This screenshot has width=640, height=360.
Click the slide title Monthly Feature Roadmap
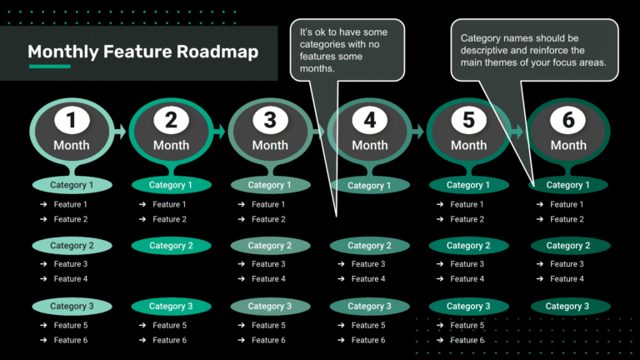pos(142,52)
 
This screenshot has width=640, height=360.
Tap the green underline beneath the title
pos(49,67)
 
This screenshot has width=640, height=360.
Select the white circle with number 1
pos(71,121)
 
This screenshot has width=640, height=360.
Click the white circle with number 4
pos(369,121)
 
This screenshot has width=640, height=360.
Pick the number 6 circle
pos(568,121)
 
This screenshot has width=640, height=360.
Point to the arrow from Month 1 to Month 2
pos(120,131)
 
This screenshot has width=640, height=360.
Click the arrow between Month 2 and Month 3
pos(219,131)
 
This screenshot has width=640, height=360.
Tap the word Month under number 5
pos(468,145)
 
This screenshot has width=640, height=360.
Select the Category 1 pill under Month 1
pos(72,185)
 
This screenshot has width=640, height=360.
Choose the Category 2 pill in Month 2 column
pos(171,246)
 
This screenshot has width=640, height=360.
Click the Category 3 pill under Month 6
pos(567,307)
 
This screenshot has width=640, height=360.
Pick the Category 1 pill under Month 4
pos(369,186)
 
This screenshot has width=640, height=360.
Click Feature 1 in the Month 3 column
pos(269,204)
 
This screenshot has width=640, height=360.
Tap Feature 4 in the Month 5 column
pos(467,279)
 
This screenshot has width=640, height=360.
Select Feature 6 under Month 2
pos(170,340)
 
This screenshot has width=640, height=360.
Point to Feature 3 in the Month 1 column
pos(71,264)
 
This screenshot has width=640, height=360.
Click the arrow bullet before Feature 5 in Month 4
pos(342,326)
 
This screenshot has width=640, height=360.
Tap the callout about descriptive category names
pos(533,51)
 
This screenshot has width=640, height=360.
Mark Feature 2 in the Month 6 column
pos(567,219)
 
